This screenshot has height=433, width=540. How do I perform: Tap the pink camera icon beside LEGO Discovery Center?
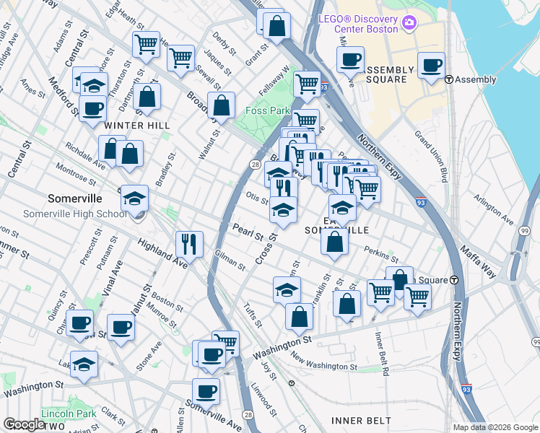[x=410, y=23]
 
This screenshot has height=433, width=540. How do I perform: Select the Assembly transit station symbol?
[x=448, y=79]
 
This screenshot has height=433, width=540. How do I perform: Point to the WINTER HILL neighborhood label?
[x=137, y=126]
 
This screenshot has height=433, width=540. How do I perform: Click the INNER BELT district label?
[x=361, y=420]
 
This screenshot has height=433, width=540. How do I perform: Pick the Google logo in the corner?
[x=24, y=424]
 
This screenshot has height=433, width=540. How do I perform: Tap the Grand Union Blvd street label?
[x=432, y=156]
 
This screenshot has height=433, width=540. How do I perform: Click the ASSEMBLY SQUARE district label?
[x=389, y=75]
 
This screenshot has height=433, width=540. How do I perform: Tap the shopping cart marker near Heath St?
[x=147, y=45]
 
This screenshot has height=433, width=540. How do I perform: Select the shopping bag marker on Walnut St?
[x=222, y=105]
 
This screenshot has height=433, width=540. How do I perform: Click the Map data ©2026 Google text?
[x=495, y=427]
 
